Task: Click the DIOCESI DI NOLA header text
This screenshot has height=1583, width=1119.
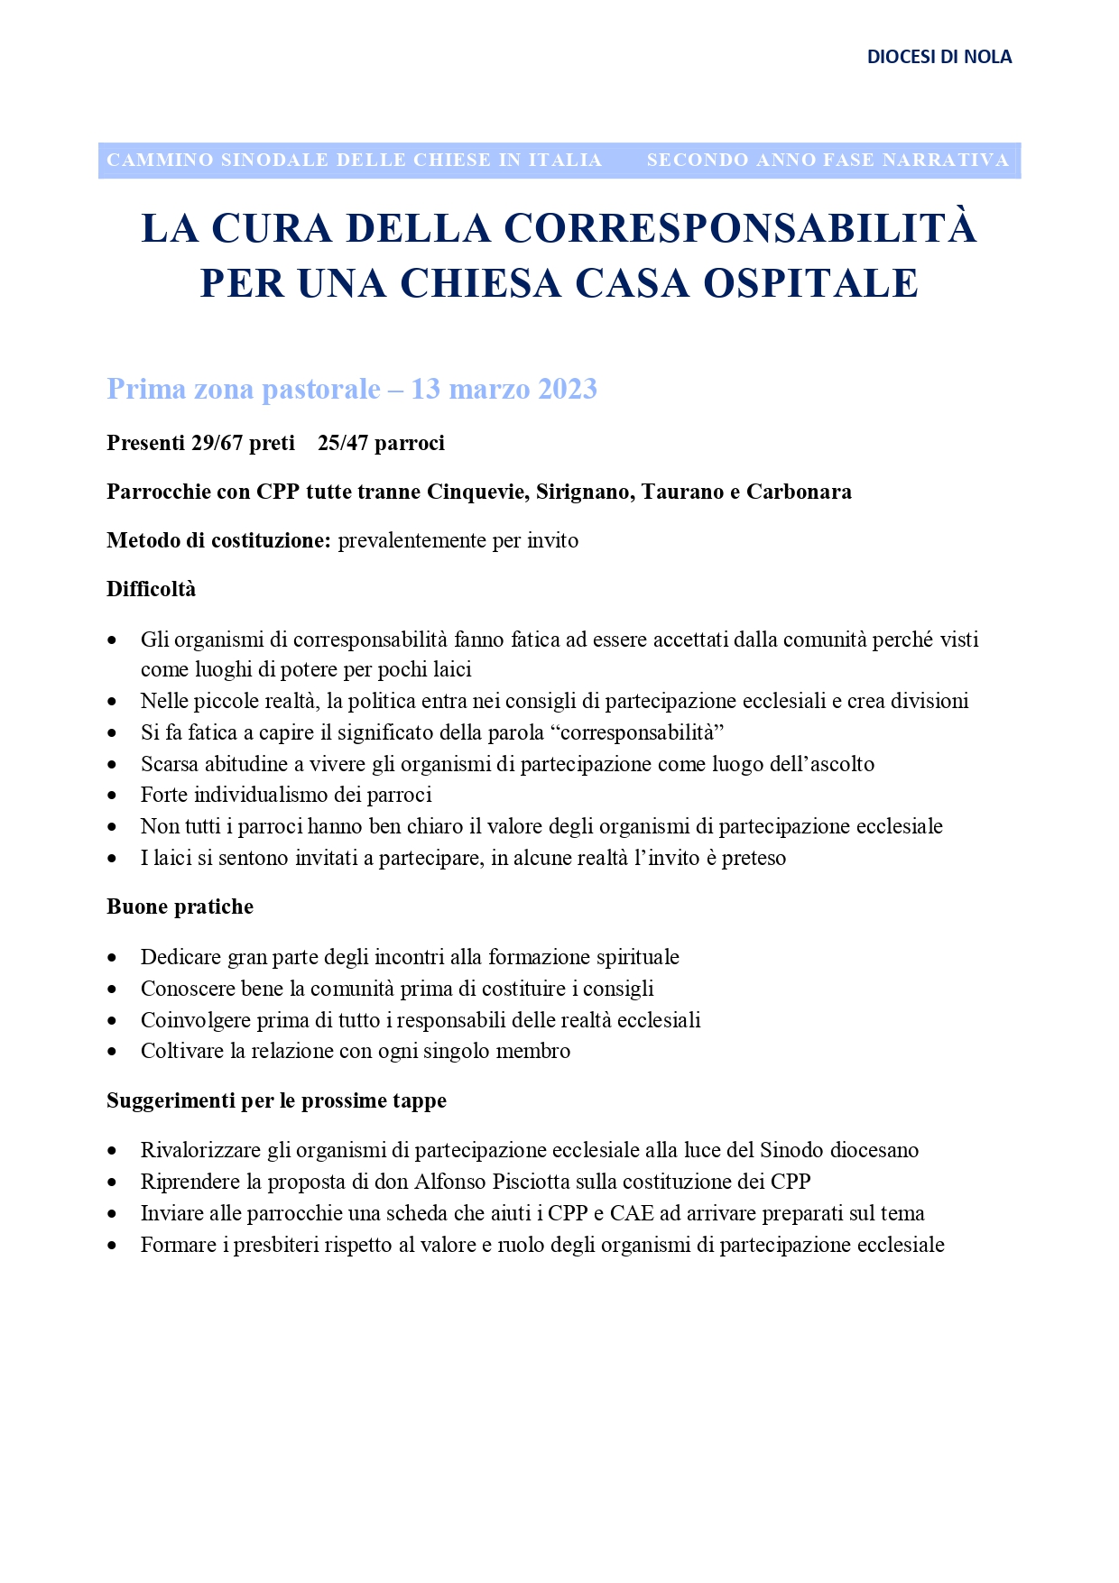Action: [x=939, y=57]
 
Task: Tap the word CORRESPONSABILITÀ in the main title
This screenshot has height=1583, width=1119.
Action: [x=740, y=228]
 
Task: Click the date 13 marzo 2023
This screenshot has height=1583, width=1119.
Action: [x=504, y=389]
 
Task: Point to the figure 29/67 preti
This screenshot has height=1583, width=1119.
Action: [x=244, y=443]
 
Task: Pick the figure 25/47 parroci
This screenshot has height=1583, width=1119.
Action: [x=381, y=443]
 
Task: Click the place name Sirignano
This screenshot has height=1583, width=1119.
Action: [x=585, y=492]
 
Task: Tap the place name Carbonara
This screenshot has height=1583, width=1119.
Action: [x=799, y=492]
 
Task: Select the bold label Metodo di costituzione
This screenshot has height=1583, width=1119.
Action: [x=219, y=540]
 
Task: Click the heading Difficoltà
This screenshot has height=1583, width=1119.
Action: [x=152, y=589]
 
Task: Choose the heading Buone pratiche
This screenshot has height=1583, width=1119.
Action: [x=180, y=907]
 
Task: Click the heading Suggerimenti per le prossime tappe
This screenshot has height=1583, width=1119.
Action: [x=276, y=1100]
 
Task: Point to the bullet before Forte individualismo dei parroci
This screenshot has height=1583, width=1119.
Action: [x=112, y=796]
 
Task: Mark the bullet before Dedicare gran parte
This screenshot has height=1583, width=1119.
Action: [x=112, y=958]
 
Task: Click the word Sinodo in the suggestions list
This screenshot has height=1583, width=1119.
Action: [x=791, y=1150]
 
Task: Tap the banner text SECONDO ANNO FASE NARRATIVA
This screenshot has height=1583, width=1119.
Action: [x=828, y=161]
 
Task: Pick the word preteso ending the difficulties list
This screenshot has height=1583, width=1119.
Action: [x=754, y=858]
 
